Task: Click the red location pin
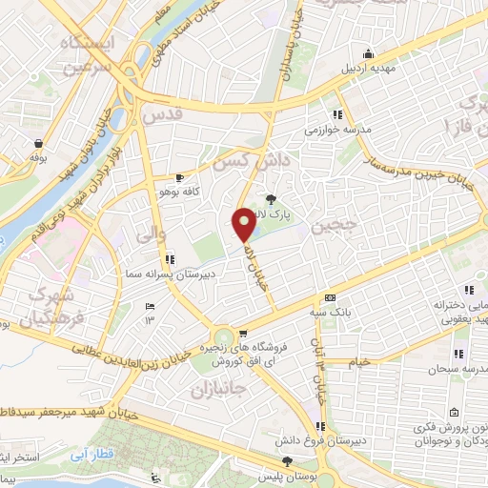[x=245, y=225]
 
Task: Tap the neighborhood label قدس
[x=162, y=115]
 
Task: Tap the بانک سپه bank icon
[x=330, y=296]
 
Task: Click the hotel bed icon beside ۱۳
[x=149, y=306]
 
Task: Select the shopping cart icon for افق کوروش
[x=244, y=334]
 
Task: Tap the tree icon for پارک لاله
[x=272, y=199]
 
